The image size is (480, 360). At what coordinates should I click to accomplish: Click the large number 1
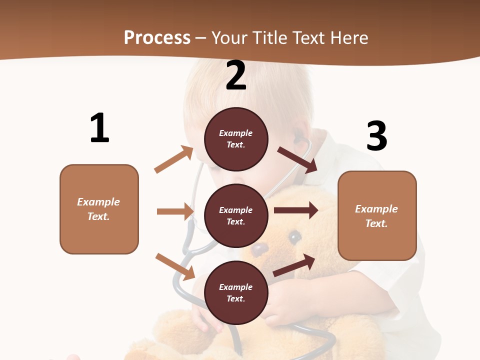[x=99, y=128]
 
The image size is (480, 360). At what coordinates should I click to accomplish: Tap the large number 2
[x=236, y=75]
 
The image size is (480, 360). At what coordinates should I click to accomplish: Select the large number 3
[x=376, y=136]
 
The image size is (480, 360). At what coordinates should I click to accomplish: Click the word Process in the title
[x=157, y=37]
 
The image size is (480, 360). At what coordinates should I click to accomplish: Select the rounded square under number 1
[x=99, y=209]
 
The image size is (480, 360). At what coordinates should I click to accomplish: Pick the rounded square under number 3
[x=377, y=215]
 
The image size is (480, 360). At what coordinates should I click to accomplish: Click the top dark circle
[x=236, y=139]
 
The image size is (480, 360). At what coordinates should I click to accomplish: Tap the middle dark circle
[x=236, y=215]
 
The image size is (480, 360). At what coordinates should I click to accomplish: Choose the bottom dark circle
[x=236, y=292]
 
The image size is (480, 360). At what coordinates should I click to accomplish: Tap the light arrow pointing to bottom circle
[x=175, y=266]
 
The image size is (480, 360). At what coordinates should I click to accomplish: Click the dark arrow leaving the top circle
[x=297, y=159]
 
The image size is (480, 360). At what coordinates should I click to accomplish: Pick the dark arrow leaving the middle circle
[x=295, y=210]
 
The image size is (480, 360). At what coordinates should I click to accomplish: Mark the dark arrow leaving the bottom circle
[x=294, y=265]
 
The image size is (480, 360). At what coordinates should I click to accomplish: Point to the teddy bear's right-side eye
[x=295, y=236]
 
